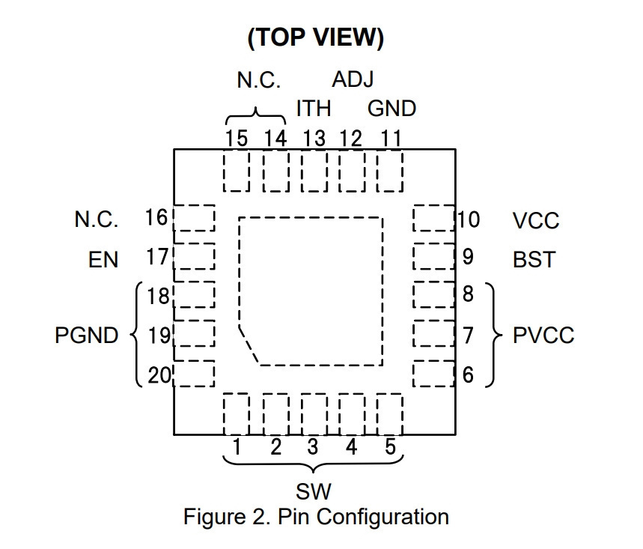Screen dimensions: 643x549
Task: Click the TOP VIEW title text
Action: (x=316, y=37)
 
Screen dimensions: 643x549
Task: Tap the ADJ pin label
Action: (x=353, y=79)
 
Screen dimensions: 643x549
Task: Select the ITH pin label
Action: (x=314, y=109)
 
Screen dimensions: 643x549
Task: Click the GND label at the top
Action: (x=391, y=109)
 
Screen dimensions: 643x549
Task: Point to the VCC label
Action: (x=536, y=221)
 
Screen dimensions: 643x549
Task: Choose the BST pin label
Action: (x=534, y=259)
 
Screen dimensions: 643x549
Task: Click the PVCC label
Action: (x=543, y=336)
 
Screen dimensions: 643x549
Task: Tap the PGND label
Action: (x=87, y=336)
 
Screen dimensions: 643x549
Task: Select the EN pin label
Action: (x=103, y=260)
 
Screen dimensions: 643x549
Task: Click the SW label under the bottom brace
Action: (x=314, y=491)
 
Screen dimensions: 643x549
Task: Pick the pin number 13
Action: (x=314, y=139)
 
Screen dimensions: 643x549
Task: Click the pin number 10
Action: (x=469, y=219)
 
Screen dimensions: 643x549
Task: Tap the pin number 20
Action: (x=159, y=375)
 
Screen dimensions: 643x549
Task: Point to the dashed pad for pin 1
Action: (x=237, y=414)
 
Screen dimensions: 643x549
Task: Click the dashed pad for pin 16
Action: (x=195, y=218)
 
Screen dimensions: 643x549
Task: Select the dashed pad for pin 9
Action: (x=434, y=256)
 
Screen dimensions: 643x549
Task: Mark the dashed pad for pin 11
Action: (x=390, y=171)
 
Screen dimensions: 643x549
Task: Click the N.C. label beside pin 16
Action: (x=97, y=219)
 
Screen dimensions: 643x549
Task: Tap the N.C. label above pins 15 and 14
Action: (x=259, y=80)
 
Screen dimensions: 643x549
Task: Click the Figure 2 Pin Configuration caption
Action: (x=316, y=517)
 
